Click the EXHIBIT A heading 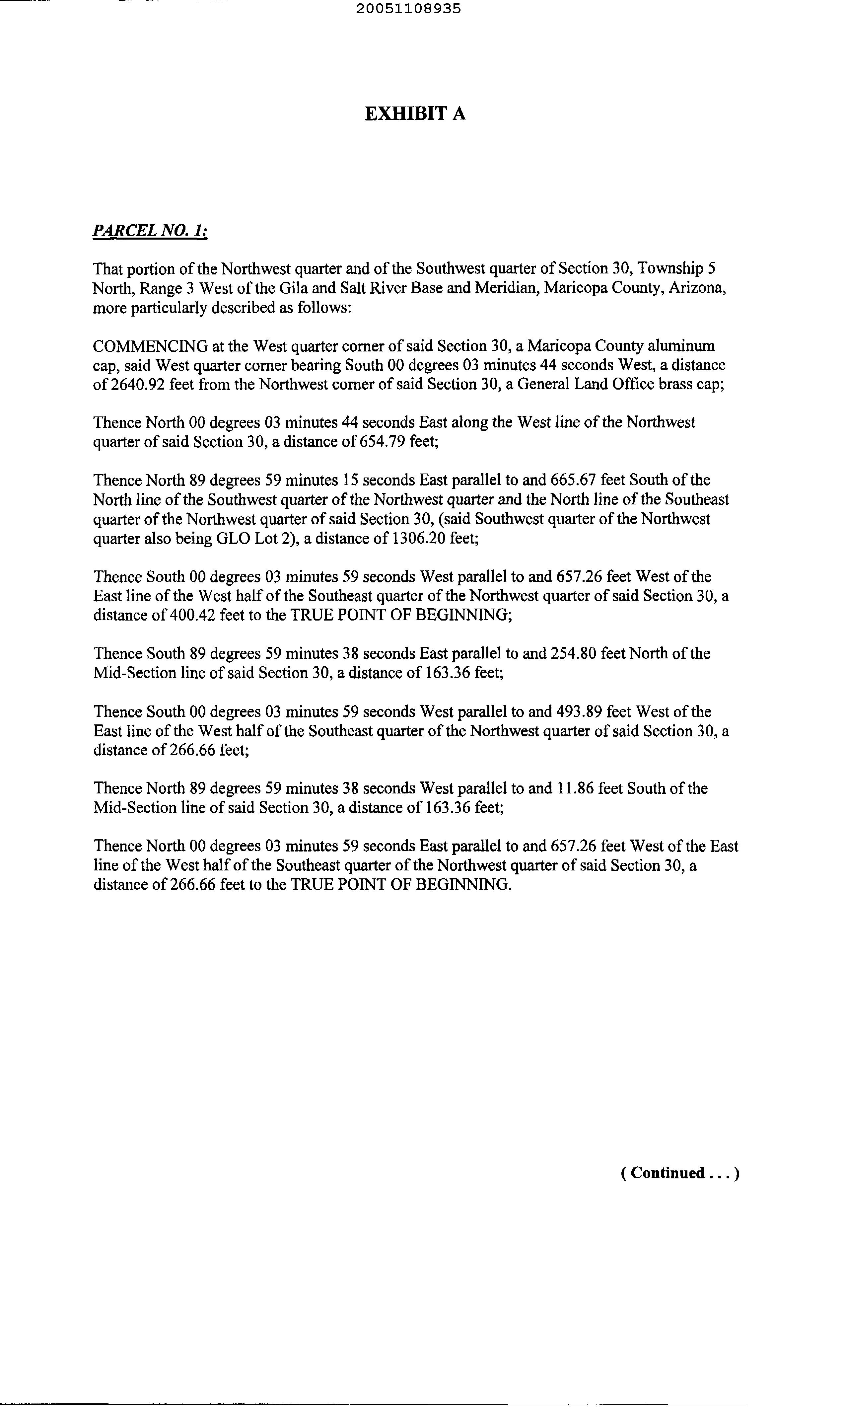coord(415,114)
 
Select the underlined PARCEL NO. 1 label coord(150,232)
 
